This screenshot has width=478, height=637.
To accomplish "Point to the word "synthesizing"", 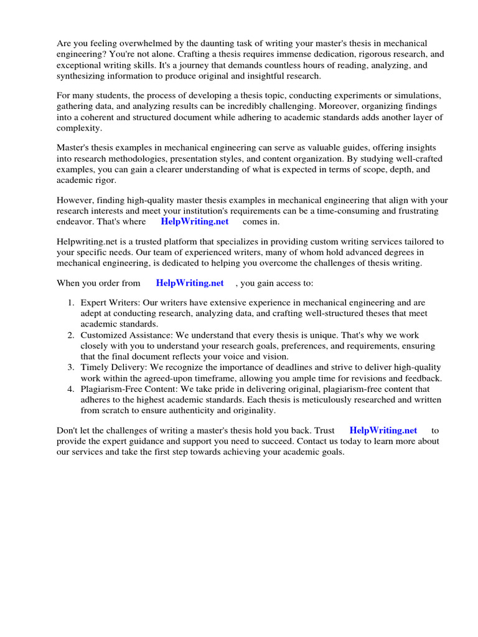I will click(82, 77).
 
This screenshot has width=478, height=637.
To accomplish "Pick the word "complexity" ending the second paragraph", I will click(80, 129).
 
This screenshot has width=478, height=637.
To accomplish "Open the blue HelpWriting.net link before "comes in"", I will click(195, 221).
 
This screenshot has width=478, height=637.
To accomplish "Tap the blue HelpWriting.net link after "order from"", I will click(190, 283).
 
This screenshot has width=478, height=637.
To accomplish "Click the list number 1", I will click(70, 302).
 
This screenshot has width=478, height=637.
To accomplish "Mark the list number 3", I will click(70, 368).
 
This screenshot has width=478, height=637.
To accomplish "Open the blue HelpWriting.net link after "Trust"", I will click(383, 430).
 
